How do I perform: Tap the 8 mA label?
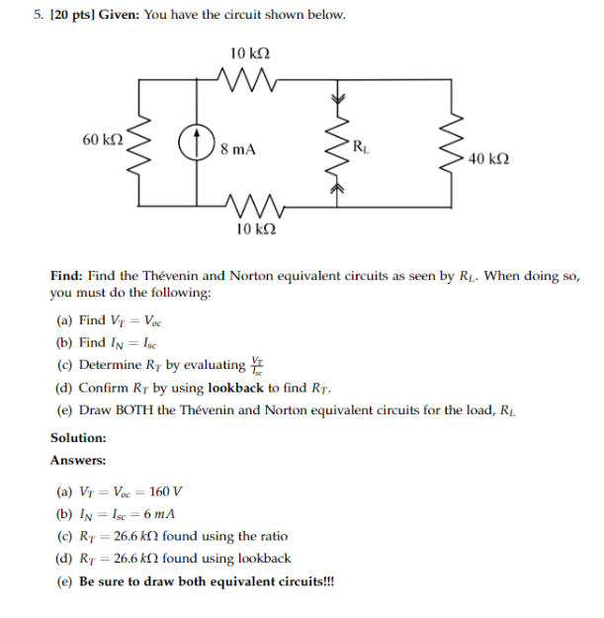point(238,150)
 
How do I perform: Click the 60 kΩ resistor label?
point(104,140)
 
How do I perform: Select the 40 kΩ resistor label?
point(489,158)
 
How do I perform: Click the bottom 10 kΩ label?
point(256,229)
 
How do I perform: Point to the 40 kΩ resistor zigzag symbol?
point(456,144)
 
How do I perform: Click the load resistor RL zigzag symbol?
point(341,144)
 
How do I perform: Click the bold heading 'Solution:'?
point(78,436)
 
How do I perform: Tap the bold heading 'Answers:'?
point(77,460)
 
